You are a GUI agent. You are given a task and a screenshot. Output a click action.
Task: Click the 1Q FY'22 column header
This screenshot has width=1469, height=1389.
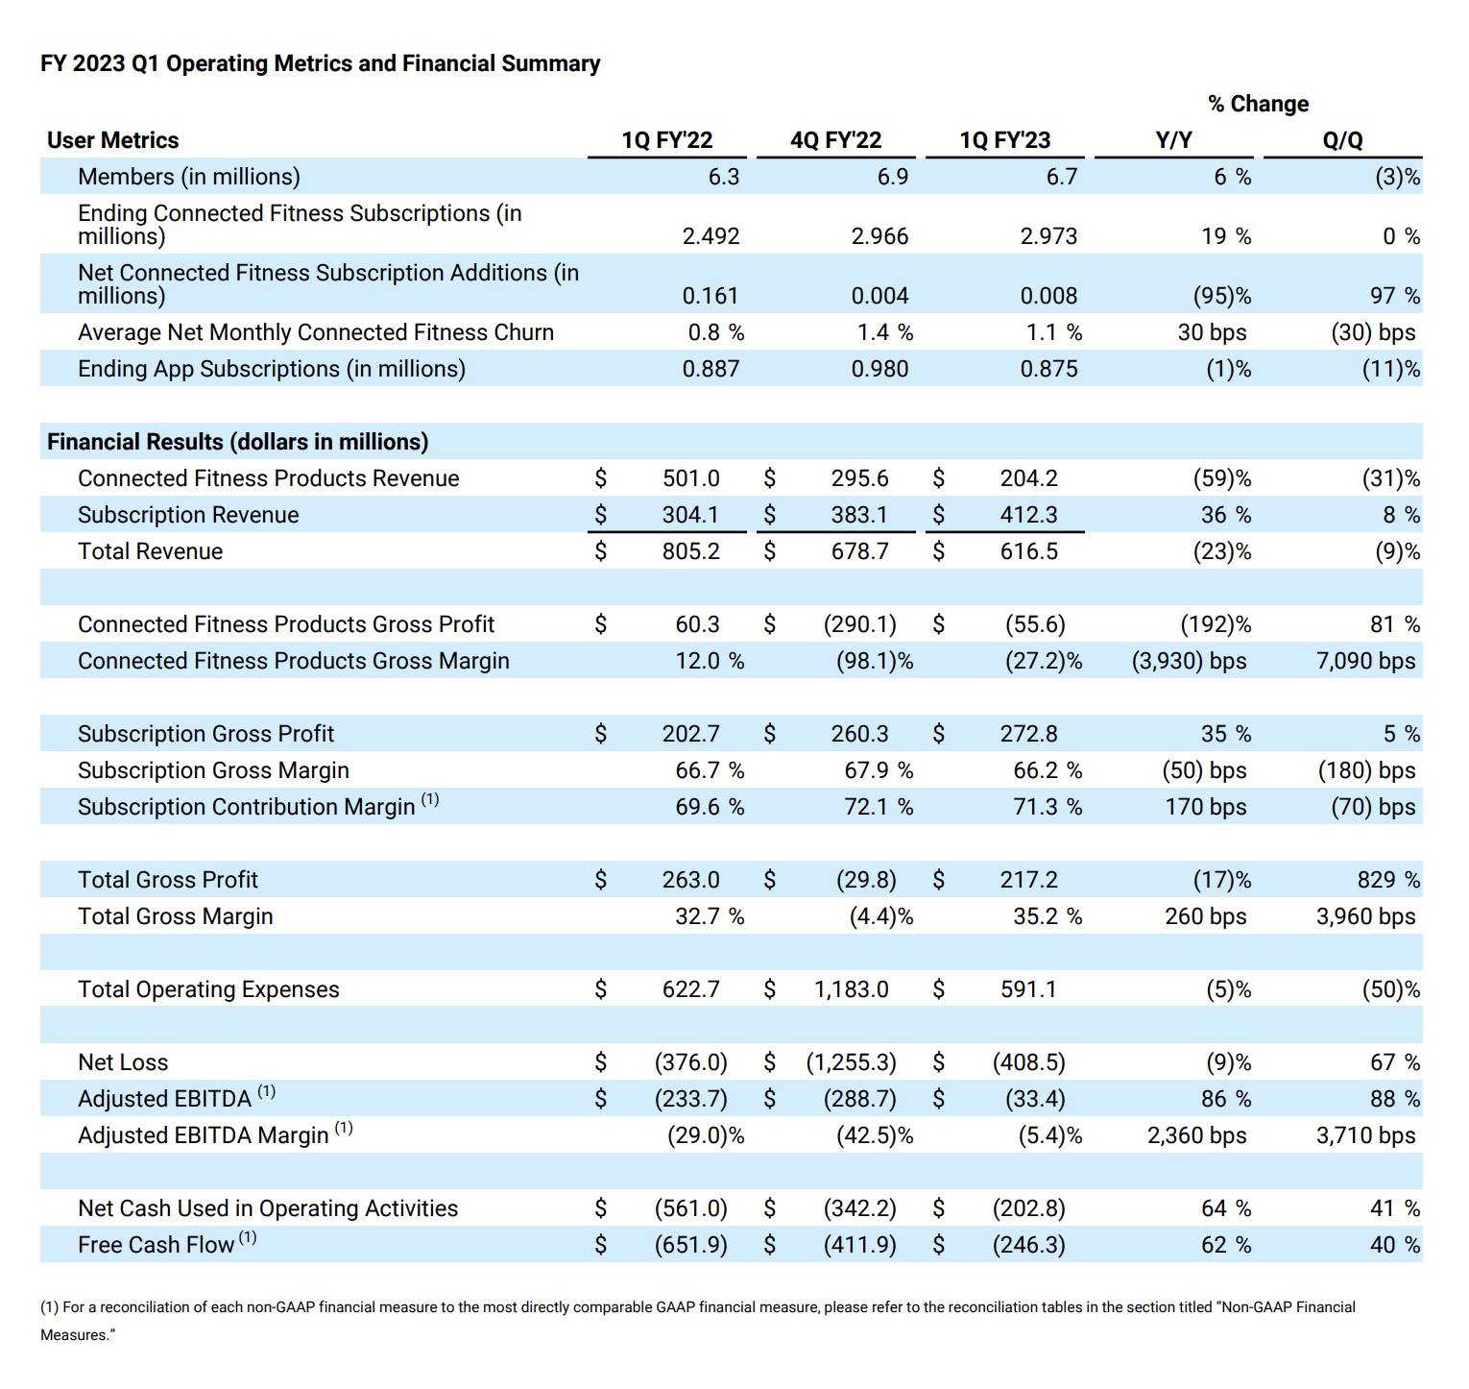tap(666, 140)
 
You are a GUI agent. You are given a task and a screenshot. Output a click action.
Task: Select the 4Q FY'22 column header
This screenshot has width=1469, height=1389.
tap(835, 140)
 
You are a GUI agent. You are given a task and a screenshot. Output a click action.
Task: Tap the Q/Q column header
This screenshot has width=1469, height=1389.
tap(1342, 140)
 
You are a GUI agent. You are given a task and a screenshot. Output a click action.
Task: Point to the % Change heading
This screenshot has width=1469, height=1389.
tap(1258, 104)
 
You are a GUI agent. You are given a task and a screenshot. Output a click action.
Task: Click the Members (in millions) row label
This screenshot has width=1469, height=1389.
tap(189, 177)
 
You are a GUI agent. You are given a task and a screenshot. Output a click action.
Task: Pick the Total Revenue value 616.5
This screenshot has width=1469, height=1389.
tap(1028, 551)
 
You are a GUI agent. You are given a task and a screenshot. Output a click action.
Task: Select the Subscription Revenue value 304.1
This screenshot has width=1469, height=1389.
tap(690, 515)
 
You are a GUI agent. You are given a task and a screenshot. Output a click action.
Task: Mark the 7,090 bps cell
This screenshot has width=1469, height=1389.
tap(1365, 661)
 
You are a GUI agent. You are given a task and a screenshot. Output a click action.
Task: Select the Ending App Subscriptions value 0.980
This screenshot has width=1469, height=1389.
tap(879, 369)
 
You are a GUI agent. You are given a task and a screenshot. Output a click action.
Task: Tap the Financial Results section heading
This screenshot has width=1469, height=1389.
tap(238, 442)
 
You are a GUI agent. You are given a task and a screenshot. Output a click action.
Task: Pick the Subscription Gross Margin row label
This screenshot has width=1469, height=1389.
tap(213, 770)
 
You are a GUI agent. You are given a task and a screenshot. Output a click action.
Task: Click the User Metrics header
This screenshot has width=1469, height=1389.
tap(113, 140)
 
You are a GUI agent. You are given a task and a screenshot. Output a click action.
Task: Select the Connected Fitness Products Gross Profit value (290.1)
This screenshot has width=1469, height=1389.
tap(860, 624)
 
